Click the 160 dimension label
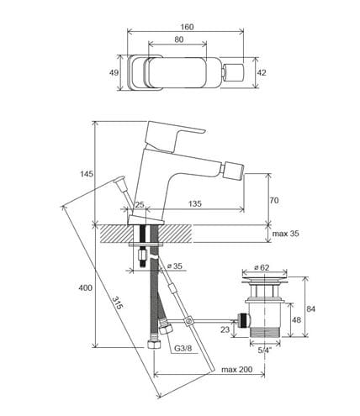(x=187, y=27)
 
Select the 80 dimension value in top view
(x=179, y=39)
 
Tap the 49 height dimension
(x=114, y=73)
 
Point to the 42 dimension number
(x=262, y=73)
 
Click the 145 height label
(x=87, y=174)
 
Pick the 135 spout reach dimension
(x=194, y=203)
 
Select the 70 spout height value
(x=274, y=201)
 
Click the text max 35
(x=285, y=234)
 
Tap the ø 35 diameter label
(x=175, y=266)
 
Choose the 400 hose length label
(x=85, y=287)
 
